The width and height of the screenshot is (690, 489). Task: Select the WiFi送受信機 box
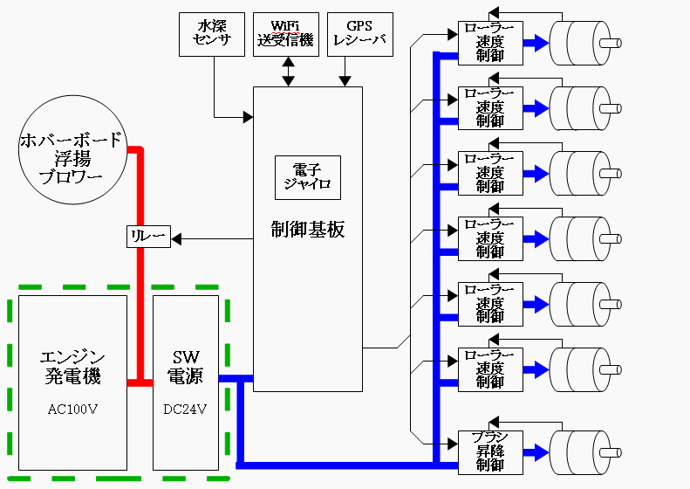(x=287, y=34)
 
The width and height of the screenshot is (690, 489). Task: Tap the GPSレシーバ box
(x=360, y=34)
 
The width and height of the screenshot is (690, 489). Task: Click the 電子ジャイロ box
(x=307, y=177)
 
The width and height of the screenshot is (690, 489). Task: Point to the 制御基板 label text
(x=307, y=230)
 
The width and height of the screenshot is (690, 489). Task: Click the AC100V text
(x=72, y=408)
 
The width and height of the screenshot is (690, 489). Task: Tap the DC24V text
(x=185, y=408)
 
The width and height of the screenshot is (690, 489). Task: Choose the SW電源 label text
(x=185, y=367)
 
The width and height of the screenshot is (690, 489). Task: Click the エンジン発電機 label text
(x=72, y=367)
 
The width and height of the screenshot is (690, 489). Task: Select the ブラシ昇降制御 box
(x=490, y=451)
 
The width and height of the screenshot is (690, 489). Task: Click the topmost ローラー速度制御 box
(x=490, y=42)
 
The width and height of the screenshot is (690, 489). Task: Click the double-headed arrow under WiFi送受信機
(x=287, y=72)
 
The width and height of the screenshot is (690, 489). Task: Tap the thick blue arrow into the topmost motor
(x=536, y=42)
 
